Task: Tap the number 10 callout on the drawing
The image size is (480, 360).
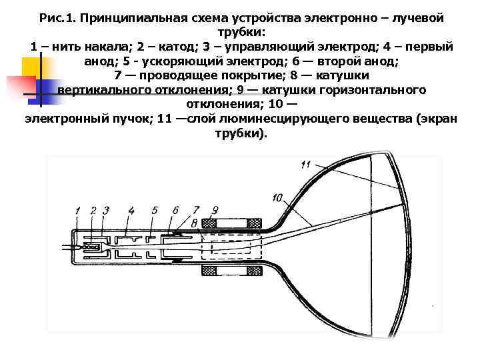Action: point(278,197)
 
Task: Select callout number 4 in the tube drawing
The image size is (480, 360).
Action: point(131,211)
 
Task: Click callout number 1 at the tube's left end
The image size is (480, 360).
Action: point(78,211)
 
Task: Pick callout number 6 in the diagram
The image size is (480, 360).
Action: point(175,211)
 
